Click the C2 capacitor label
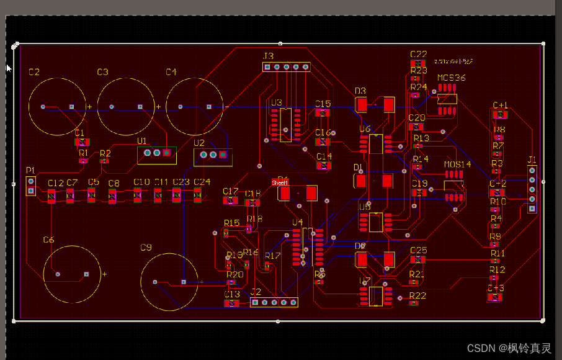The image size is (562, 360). click(x=34, y=72)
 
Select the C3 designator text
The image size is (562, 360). click(x=102, y=72)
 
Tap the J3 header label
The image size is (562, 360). click(x=268, y=56)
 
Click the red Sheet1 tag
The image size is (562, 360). click(x=280, y=183)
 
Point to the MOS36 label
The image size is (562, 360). click(x=451, y=78)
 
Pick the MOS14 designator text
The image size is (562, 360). click(x=458, y=164)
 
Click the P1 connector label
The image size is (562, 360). click(x=30, y=170)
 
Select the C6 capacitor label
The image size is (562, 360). click(x=48, y=240)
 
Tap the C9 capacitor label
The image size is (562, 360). click(x=146, y=247)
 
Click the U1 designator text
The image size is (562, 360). click(x=142, y=141)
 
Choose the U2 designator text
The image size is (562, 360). click(x=199, y=142)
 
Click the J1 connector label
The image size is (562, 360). click(x=532, y=159)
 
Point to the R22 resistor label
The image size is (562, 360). click(x=418, y=295)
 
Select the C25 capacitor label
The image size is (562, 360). click(x=419, y=250)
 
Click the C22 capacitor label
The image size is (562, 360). click(x=419, y=54)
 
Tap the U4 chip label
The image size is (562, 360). click(x=297, y=222)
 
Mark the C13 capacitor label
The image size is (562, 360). click(x=231, y=294)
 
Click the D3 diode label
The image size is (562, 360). click(x=360, y=91)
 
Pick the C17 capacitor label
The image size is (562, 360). click(x=230, y=191)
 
